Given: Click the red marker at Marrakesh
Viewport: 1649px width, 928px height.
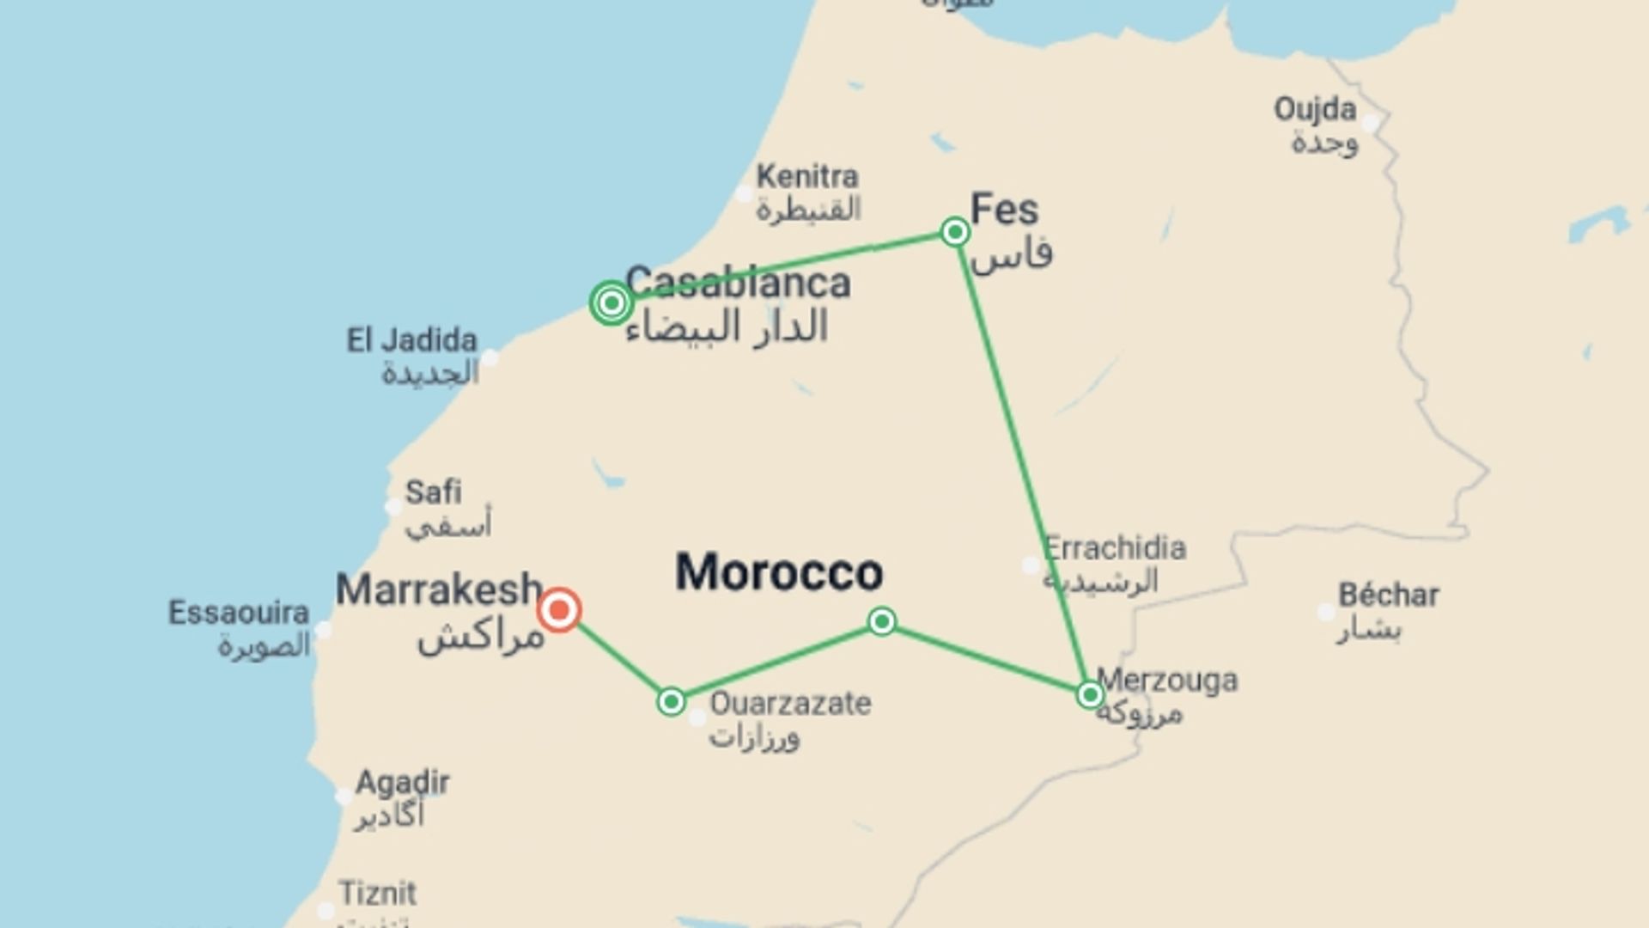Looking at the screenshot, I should point(559,610).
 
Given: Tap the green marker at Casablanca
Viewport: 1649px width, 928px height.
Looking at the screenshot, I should point(612,302).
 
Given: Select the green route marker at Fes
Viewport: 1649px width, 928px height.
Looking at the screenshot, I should point(955,232).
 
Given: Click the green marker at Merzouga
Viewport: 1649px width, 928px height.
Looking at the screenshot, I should point(1090,694).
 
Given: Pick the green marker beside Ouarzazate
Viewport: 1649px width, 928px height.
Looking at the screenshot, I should point(671,701).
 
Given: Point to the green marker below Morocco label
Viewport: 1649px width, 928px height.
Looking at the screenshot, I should point(882,621).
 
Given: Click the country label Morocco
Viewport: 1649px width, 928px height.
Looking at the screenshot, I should point(779,572).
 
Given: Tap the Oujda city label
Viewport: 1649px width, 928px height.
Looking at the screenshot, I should point(1315,110).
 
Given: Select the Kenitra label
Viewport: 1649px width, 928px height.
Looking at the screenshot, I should point(806,177).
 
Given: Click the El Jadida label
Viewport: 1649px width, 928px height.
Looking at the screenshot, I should point(411,341).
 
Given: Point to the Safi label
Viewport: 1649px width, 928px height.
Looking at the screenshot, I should point(433,492).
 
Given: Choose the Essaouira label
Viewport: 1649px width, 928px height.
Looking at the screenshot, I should point(238,614).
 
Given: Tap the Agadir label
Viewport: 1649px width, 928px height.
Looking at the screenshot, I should point(402,783).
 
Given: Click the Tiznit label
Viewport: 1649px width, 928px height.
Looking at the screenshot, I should point(377,894).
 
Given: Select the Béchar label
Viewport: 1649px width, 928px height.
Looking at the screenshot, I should point(1388,595).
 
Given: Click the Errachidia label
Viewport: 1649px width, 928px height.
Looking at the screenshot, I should point(1115,547).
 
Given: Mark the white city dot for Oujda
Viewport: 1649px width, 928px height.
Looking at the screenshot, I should point(1371,123).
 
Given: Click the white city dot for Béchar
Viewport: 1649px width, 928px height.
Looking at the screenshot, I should point(1326,613).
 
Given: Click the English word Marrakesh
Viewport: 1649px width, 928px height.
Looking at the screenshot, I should point(439,590).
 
